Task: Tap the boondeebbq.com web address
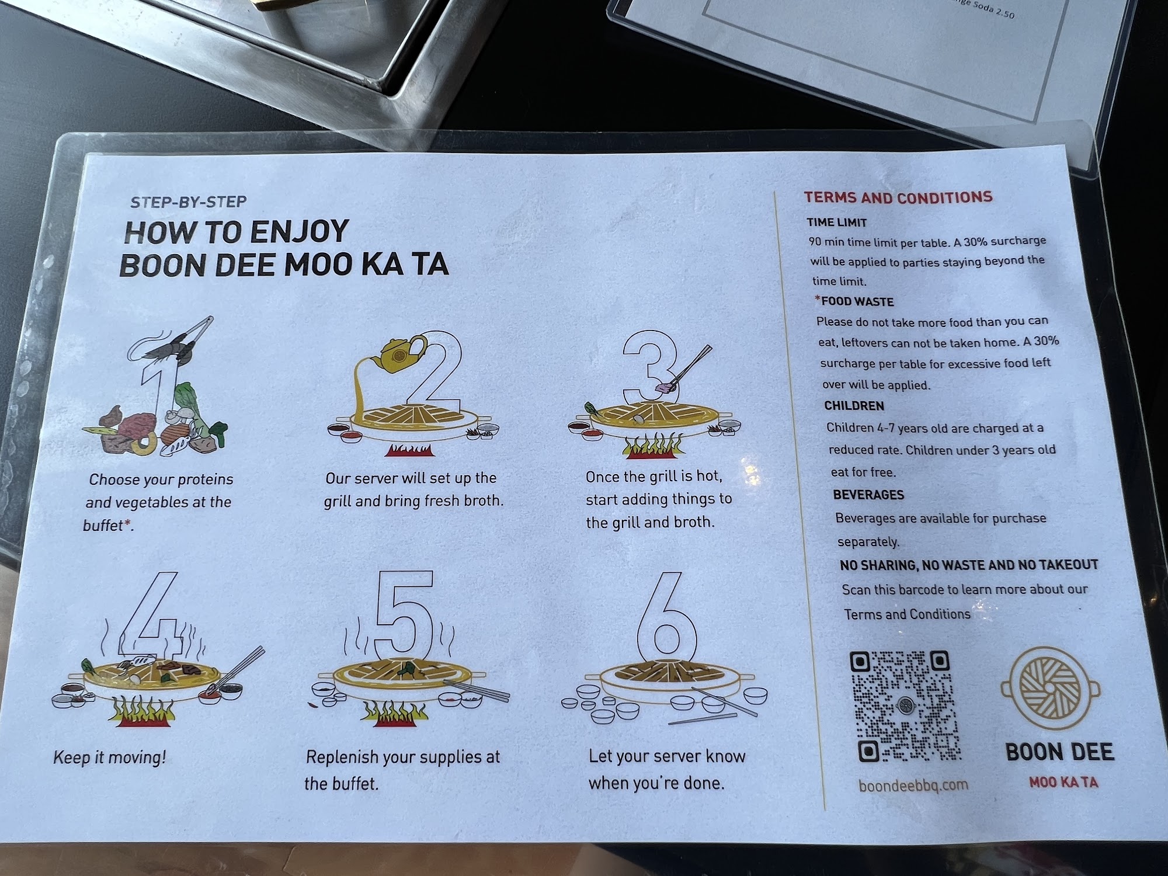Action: (x=913, y=785)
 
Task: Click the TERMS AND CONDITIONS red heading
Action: (x=898, y=197)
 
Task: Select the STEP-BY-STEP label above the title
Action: (x=189, y=202)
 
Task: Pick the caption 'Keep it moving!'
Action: (x=110, y=757)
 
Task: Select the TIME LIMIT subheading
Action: (x=837, y=222)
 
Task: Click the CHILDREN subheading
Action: (x=854, y=406)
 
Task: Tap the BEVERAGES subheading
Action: (x=868, y=495)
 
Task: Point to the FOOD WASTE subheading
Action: (x=857, y=302)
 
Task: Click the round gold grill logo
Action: (x=1050, y=690)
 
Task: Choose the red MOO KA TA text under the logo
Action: (x=1063, y=783)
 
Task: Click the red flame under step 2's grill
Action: (x=409, y=450)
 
